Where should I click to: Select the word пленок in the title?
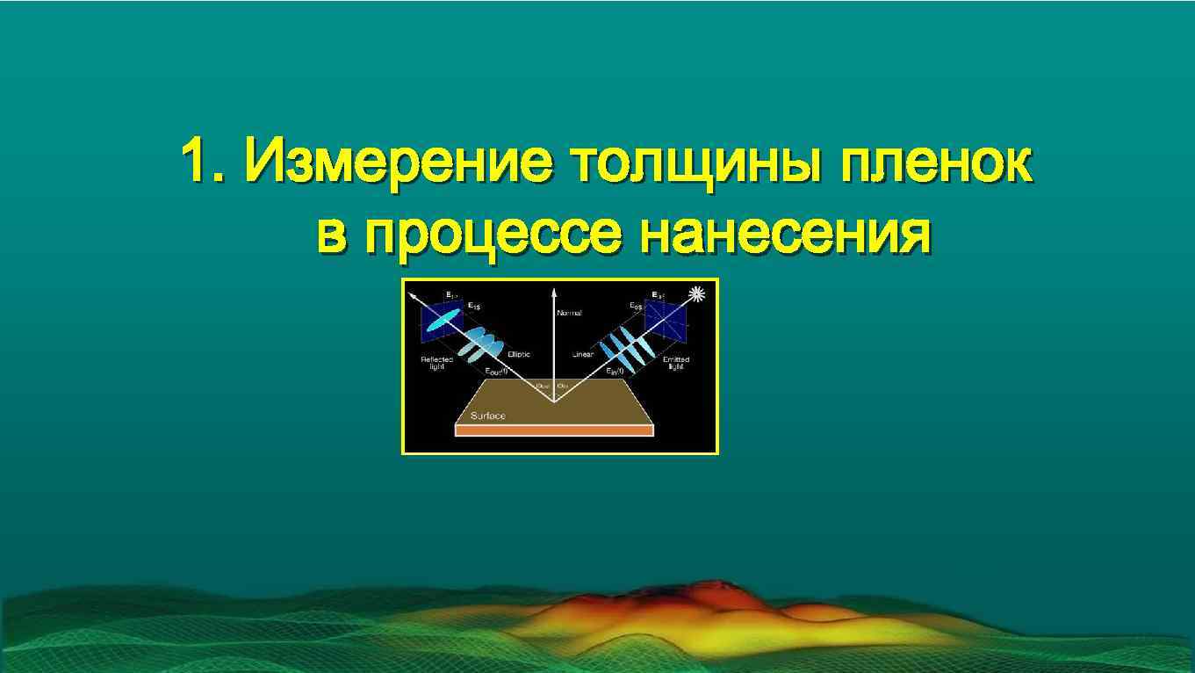point(935,161)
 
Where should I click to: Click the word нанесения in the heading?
point(785,233)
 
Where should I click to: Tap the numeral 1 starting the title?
point(196,161)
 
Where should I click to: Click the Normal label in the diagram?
point(569,313)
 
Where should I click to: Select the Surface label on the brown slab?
point(488,416)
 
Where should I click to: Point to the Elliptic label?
point(519,353)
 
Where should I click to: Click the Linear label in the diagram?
point(583,354)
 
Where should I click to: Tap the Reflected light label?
point(436,363)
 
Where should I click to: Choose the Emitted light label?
point(676,363)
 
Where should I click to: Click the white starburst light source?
point(699,294)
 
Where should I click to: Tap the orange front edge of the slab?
point(554,431)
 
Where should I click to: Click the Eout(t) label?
point(497,372)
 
